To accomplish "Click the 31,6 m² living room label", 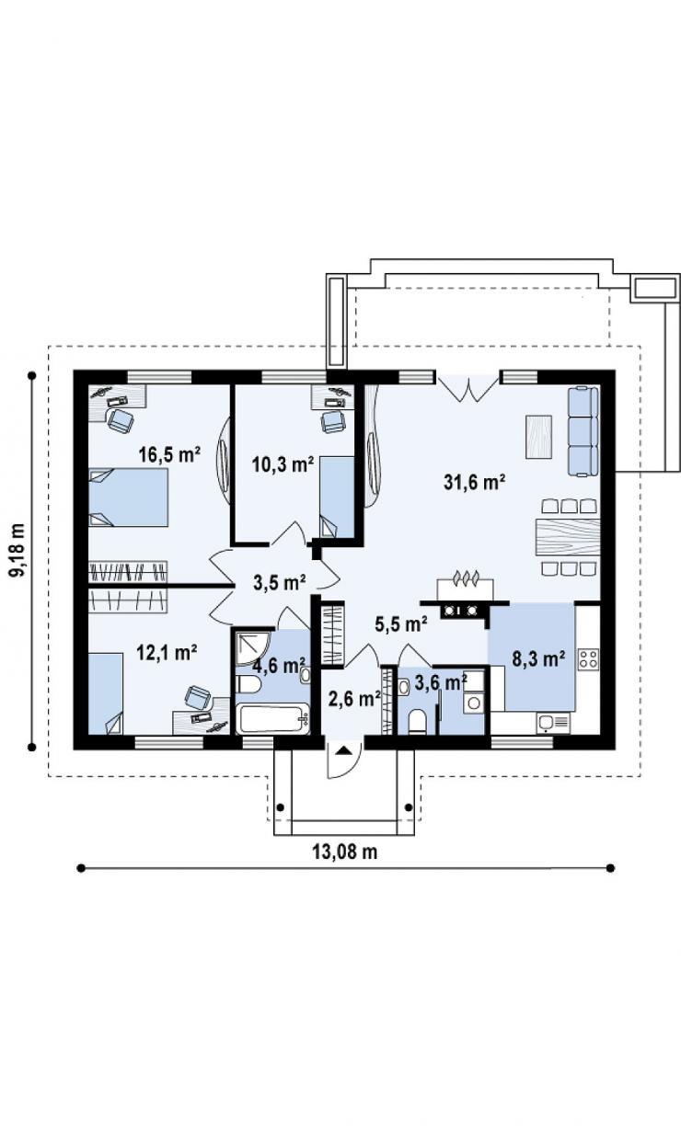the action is pyautogui.click(x=475, y=483).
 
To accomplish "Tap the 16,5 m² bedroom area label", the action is pyautogui.click(x=170, y=455).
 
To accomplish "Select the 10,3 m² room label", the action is pyautogui.click(x=283, y=463).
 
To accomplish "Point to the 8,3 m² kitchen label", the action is pyautogui.click(x=538, y=658).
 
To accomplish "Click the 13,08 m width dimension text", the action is pyautogui.click(x=345, y=852).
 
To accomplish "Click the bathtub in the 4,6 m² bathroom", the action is pyautogui.click(x=273, y=719).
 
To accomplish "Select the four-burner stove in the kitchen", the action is pyautogui.click(x=588, y=659).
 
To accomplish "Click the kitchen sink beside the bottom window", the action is pyautogui.click(x=554, y=723).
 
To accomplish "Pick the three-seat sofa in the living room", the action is pyautogui.click(x=583, y=431).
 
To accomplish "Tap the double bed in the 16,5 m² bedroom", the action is pyautogui.click(x=129, y=497).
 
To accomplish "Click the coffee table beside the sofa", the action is pyautogui.click(x=538, y=437).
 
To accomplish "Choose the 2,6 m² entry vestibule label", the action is pyautogui.click(x=354, y=700).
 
